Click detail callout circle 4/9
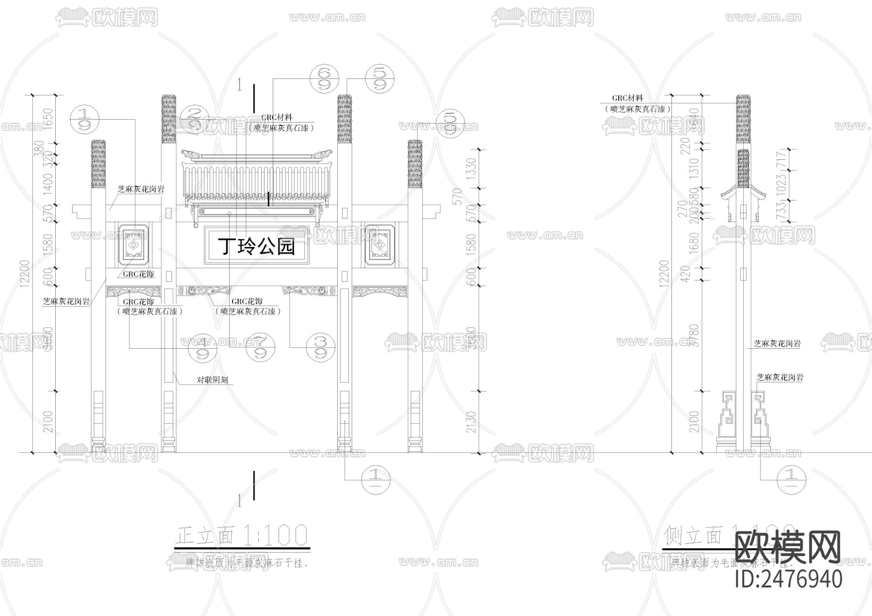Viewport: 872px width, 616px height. point(203,347)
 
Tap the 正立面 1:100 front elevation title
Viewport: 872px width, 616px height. point(241,535)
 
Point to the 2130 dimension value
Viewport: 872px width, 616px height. point(473,422)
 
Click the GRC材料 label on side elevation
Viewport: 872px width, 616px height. point(628,98)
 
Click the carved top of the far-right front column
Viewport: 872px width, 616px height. point(415,163)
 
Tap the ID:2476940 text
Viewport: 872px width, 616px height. point(789,579)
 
